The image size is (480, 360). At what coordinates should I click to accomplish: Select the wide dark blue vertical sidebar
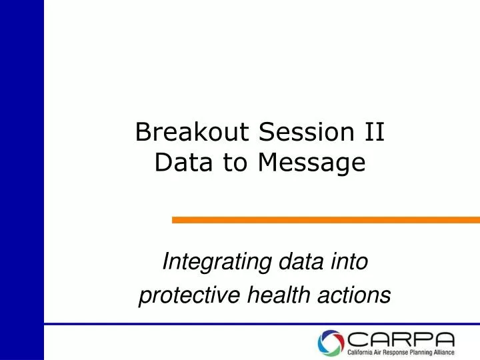point(21,180)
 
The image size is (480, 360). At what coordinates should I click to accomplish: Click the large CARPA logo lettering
point(400,339)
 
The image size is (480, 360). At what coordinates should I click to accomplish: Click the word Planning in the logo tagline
point(417,353)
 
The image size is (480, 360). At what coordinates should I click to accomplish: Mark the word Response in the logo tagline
point(392,353)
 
